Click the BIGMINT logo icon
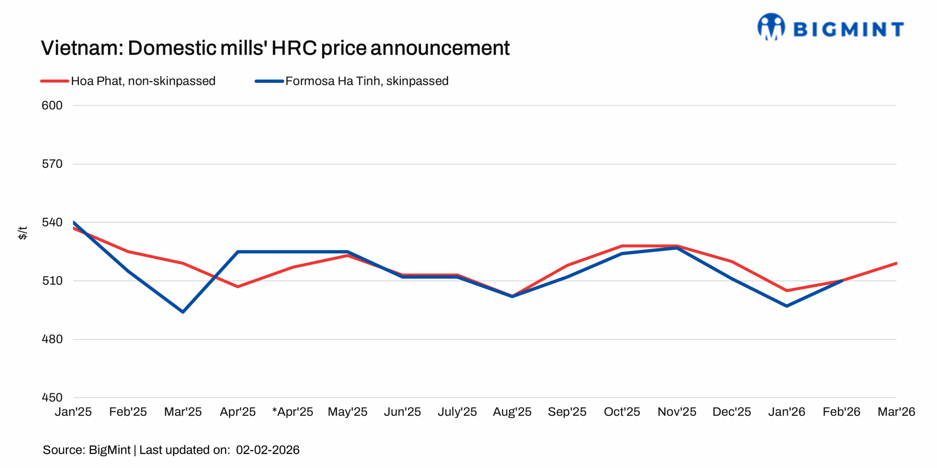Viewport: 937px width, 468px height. coord(771,26)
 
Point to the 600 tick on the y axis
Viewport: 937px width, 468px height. coord(52,106)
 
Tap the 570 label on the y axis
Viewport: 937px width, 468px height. coord(52,164)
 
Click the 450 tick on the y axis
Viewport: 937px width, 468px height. coord(52,397)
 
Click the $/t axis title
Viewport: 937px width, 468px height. coord(23,233)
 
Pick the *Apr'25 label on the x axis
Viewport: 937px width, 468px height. coord(292,412)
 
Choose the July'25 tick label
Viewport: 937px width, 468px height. coord(457,412)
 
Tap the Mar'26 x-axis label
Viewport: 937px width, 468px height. coord(896,412)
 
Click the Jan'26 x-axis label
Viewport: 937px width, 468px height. coord(787,412)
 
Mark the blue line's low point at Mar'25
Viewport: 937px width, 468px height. coord(183,312)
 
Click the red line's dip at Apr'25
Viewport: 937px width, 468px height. coord(238,287)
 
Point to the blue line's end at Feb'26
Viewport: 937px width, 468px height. coord(841,281)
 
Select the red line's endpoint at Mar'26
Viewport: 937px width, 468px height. coord(896,263)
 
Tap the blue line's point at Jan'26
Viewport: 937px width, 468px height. coord(787,306)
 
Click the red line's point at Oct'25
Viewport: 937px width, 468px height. coord(622,246)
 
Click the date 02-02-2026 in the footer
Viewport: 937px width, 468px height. coord(268,450)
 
